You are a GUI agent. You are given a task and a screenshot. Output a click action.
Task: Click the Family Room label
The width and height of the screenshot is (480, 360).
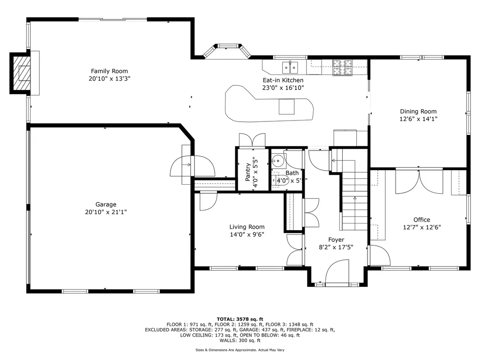point(109,71)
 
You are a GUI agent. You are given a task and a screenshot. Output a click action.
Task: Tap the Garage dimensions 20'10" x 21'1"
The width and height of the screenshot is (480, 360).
point(105,212)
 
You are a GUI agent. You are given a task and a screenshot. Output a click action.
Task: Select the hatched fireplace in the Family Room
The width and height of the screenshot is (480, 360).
point(22,73)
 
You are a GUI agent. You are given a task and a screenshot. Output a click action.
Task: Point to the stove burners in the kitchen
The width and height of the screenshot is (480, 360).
point(344,67)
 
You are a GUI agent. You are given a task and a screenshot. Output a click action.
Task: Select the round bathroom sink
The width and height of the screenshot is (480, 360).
point(279,160)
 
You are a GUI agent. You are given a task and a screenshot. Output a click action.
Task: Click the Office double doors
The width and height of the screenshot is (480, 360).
point(419,181)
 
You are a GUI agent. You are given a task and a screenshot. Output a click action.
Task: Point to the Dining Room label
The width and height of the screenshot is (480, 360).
point(418,112)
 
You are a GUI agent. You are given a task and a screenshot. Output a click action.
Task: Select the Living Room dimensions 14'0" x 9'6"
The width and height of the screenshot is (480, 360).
point(247,234)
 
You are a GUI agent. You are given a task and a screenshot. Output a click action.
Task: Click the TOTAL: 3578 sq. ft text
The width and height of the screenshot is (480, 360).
point(240,319)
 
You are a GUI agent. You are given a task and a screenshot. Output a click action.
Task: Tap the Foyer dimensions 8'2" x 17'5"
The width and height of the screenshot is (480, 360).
point(336,247)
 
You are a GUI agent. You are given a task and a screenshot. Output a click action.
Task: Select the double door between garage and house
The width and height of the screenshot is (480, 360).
point(193,165)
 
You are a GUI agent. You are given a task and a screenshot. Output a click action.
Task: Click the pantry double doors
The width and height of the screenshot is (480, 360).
point(252,140)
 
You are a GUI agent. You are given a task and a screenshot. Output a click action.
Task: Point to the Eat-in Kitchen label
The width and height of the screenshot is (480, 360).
point(283,80)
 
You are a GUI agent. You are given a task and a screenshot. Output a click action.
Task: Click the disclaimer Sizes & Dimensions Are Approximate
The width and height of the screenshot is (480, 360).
point(240,350)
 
